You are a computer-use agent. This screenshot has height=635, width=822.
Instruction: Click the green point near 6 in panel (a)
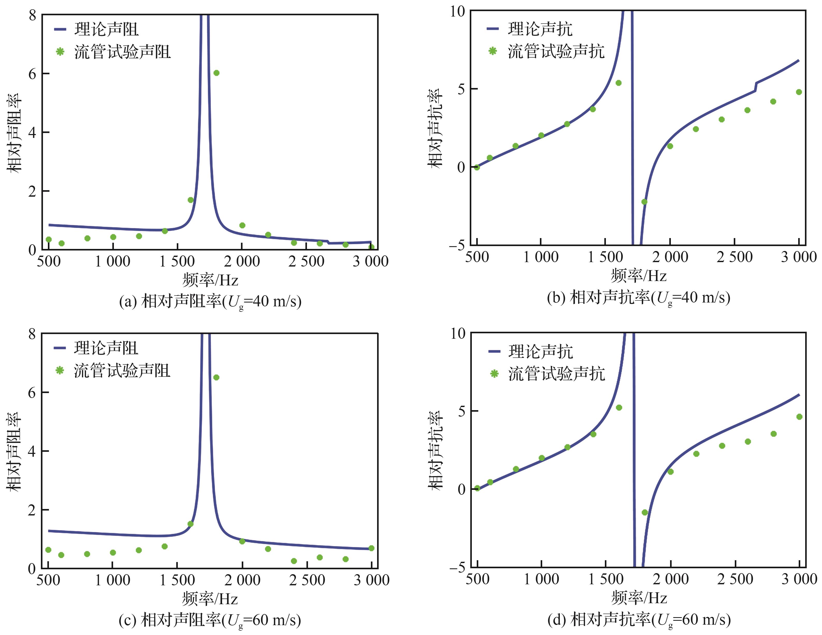point(216,73)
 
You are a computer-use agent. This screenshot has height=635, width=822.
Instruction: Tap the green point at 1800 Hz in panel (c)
point(216,377)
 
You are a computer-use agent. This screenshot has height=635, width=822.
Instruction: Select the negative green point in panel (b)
point(644,202)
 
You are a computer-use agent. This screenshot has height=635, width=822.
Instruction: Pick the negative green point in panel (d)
point(645,512)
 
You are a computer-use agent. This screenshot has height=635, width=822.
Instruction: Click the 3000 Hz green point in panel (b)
point(799,92)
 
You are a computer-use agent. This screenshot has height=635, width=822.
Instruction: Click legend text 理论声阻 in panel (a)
point(107,29)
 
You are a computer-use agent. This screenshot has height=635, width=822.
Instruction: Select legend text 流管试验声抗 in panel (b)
point(556,51)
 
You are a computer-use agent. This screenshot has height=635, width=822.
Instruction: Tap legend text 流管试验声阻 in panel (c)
point(122,371)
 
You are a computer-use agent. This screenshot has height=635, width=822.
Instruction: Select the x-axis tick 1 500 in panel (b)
point(605,257)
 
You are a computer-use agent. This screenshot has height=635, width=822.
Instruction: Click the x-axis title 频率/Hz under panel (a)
point(210,280)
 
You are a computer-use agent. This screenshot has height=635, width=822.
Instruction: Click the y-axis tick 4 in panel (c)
point(32,451)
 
